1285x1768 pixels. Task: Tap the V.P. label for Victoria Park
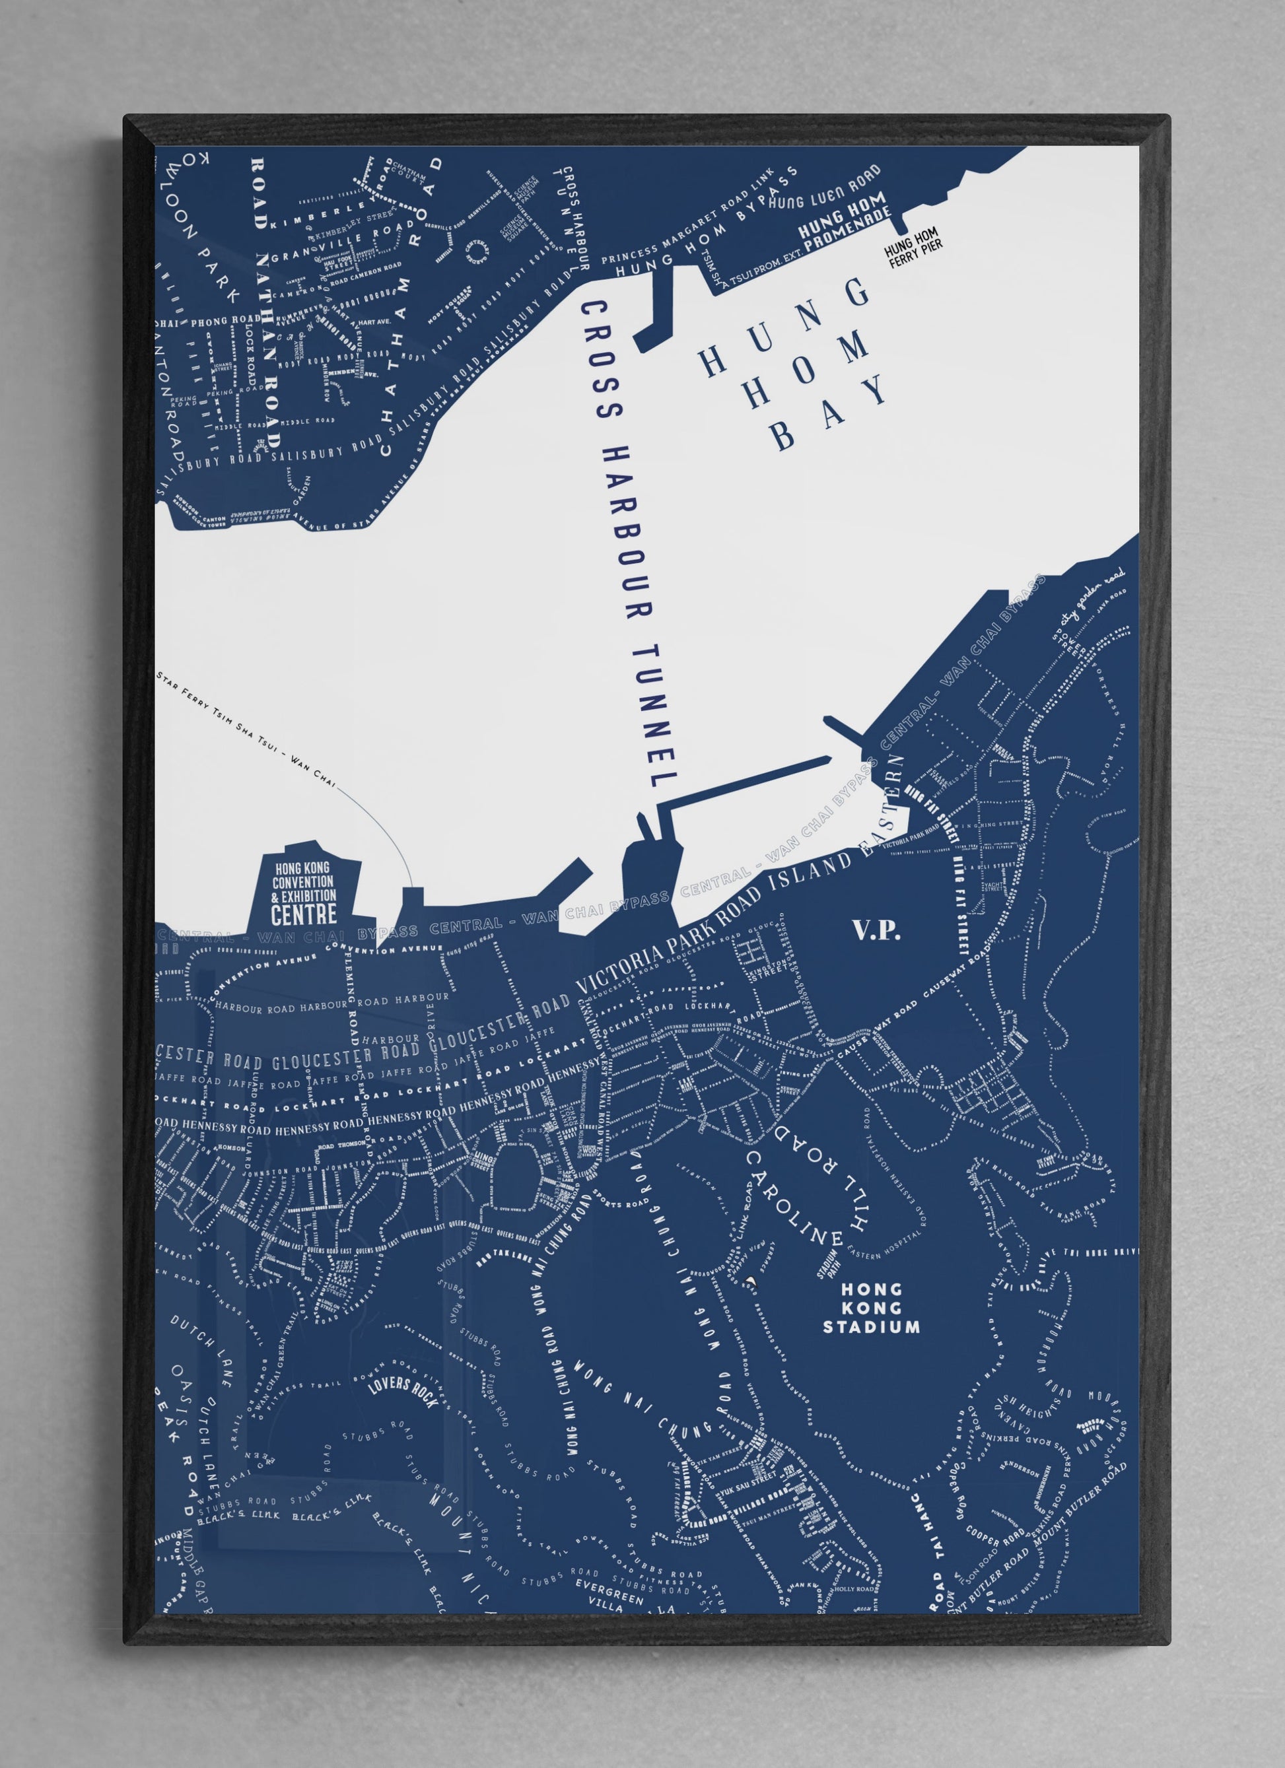click(x=877, y=931)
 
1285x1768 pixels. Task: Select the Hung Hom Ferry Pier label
click(x=913, y=254)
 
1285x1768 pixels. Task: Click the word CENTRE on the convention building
click(x=304, y=914)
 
